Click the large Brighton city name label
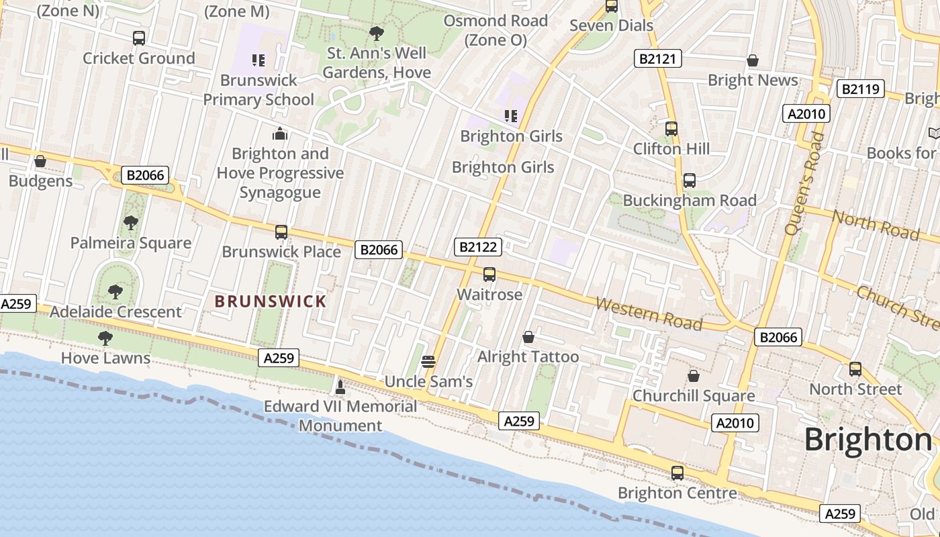point(868,440)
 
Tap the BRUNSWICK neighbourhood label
point(271,301)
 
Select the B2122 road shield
point(479,247)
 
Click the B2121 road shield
point(658,59)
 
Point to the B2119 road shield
point(861,89)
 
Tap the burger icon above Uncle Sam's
point(428,362)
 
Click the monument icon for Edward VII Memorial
point(340,387)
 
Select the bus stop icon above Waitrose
point(489,275)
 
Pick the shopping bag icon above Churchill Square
point(694,376)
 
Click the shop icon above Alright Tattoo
point(528,336)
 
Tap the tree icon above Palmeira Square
point(131,223)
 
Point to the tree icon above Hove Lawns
point(105,338)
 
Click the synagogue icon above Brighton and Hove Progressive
point(281,134)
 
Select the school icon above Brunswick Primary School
point(258,60)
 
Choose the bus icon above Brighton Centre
point(677,473)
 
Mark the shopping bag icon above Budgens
point(40,162)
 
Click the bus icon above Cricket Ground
point(139,38)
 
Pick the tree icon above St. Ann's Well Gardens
point(377,33)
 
